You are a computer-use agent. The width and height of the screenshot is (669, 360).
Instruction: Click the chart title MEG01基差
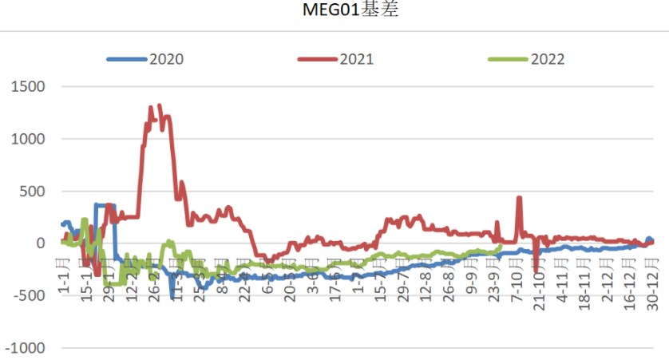click(334, 10)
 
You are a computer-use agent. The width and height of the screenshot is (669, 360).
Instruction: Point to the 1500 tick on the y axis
click(28, 86)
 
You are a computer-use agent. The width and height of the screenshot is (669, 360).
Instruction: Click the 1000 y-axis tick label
click(28, 139)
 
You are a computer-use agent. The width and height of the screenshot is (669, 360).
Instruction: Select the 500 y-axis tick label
click(32, 192)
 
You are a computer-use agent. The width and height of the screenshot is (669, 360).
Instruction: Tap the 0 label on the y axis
click(40, 243)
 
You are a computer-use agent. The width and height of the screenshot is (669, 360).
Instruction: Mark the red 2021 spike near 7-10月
click(519, 197)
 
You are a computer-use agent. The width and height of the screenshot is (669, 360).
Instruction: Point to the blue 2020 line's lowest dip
click(172, 297)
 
